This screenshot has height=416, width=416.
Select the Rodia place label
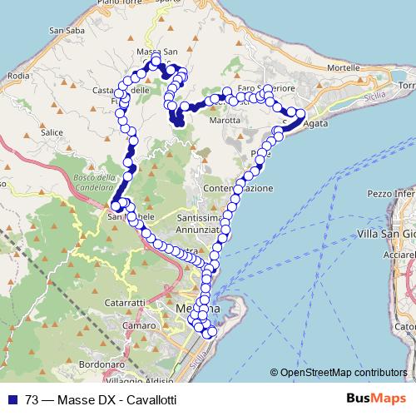tap(17, 75)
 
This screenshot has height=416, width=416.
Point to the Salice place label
tap(52, 132)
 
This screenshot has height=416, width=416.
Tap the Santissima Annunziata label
tap(200, 223)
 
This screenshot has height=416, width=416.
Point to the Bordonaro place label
tap(103, 364)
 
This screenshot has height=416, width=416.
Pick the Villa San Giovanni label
tap(386, 234)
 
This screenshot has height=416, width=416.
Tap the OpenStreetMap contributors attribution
tap(344, 372)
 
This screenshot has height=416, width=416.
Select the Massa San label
tap(158, 52)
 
